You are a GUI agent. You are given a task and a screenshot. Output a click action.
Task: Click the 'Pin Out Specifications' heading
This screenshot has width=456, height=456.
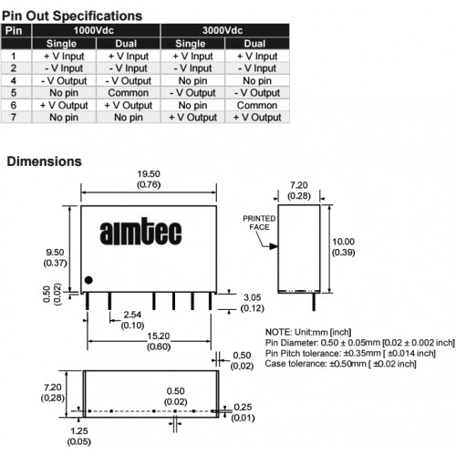point(72,16)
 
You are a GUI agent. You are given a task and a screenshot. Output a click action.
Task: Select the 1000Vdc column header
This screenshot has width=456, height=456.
point(94,30)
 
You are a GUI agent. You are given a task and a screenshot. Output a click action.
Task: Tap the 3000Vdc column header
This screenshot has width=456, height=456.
point(223,30)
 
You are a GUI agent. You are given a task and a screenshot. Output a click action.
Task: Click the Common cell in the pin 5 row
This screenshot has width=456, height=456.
point(129,93)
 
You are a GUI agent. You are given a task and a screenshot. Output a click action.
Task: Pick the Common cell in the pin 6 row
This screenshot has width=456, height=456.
point(257,105)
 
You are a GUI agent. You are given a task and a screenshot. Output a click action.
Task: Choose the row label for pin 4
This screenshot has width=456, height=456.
point(14,80)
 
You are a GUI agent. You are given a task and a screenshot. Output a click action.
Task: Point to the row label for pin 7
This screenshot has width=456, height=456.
point(14,118)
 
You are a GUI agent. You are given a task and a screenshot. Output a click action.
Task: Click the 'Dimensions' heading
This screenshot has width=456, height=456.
point(45,161)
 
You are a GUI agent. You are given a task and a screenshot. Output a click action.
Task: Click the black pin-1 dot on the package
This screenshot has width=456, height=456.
point(88,280)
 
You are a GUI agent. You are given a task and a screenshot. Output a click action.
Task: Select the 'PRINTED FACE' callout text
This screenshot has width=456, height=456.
point(259,223)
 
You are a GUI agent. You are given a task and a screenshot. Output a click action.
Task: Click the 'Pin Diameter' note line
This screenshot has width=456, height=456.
point(360,343)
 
